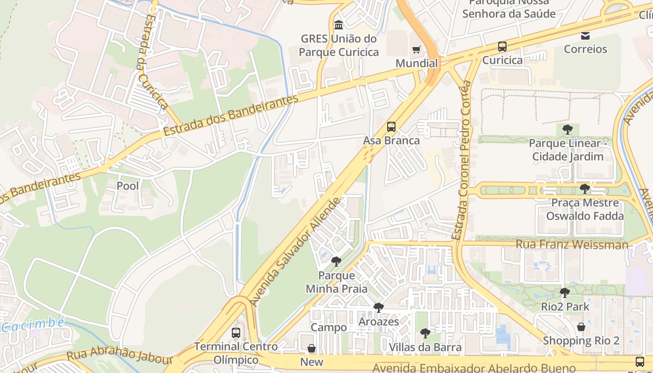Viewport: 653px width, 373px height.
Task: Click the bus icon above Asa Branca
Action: tap(391, 127)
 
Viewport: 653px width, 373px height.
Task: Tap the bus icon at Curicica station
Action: tap(502, 47)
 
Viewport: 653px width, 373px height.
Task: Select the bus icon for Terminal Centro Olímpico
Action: tap(236, 333)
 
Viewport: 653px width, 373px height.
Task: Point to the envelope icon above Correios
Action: tap(585, 35)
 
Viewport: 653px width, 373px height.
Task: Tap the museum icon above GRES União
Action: tap(339, 25)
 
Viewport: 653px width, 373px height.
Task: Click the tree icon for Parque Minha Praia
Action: tap(336, 262)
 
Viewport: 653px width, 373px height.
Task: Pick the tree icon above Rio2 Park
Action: tap(565, 293)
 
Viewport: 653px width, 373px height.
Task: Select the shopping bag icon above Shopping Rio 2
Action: tap(581, 327)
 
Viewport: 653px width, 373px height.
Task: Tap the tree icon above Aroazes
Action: tap(378, 308)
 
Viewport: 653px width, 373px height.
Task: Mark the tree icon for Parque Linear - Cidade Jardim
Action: tap(568, 129)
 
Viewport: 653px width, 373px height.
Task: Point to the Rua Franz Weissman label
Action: tap(572, 244)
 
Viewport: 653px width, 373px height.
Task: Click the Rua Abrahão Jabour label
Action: tap(119, 356)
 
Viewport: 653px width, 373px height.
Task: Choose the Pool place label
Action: tap(128, 186)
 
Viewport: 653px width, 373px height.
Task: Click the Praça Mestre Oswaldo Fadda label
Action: tap(585, 209)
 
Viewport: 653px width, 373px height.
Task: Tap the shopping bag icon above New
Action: tap(312, 348)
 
